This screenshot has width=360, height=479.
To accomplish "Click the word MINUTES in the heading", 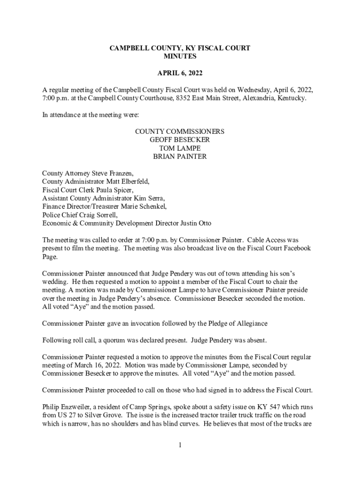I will [180, 57].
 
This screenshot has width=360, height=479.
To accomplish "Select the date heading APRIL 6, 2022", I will [180, 73].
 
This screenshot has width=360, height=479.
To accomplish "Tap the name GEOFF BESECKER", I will [180, 140].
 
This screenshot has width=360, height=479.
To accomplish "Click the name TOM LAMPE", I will [180, 148].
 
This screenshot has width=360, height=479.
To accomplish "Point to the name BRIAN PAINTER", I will [180, 157].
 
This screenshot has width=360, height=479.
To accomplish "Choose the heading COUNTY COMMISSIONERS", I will [180, 131].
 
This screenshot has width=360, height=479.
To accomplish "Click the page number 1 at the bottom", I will [180, 445].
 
